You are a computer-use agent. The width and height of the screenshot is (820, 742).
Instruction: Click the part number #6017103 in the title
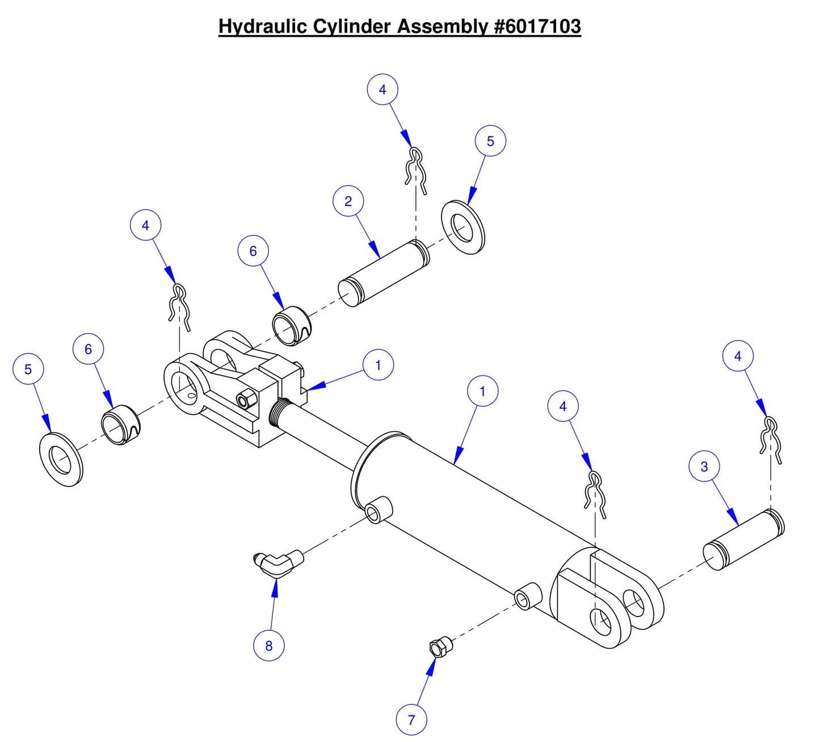(x=537, y=26)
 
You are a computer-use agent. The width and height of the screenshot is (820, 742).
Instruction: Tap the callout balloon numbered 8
(x=268, y=645)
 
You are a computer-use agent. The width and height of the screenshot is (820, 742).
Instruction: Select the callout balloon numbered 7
(x=411, y=720)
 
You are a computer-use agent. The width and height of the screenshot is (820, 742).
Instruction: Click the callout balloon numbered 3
(x=704, y=467)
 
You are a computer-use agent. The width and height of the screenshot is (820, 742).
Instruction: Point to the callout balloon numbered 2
(x=348, y=201)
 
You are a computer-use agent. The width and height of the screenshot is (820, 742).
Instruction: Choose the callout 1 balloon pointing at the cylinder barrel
(x=482, y=391)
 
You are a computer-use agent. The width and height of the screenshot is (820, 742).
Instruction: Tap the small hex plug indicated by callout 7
(x=439, y=647)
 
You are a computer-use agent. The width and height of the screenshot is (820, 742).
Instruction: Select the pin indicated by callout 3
(x=743, y=539)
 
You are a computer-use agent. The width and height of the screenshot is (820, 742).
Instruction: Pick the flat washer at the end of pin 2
(x=463, y=227)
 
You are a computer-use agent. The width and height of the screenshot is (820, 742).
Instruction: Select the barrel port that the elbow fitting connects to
(x=377, y=509)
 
